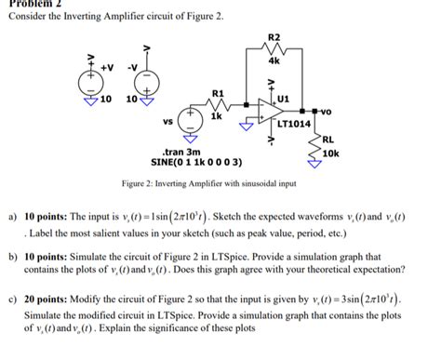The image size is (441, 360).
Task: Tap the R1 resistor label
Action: (x=218, y=94)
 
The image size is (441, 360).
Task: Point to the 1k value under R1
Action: (x=216, y=119)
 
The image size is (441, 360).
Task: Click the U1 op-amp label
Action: (x=284, y=97)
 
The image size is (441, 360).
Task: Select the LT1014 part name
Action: (x=294, y=124)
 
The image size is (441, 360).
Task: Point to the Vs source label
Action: (x=167, y=121)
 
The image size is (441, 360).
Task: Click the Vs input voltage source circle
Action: (x=189, y=121)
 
